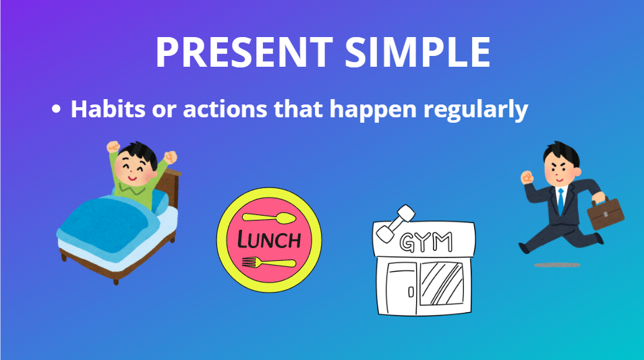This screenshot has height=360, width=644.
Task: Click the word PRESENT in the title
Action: click(x=244, y=52)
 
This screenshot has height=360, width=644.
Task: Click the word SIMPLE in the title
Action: click(x=417, y=52)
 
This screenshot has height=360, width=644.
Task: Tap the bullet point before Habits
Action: click(x=56, y=109)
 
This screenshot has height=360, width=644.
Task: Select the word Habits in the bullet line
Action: click(x=108, y=109)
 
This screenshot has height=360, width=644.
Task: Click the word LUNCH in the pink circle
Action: click(x=269, y=240)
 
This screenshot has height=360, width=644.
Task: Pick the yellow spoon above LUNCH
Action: click(x=269, y=218)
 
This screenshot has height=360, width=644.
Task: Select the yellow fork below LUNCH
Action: click(x=268, y=262)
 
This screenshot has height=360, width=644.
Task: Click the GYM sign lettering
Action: click(x=426, y=242)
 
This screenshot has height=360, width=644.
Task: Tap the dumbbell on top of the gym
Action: click(x=396, y=223)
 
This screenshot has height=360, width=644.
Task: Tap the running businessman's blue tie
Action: click(x=560, y=202)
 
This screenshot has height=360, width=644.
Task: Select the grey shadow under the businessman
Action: click(x=557, y=265)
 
